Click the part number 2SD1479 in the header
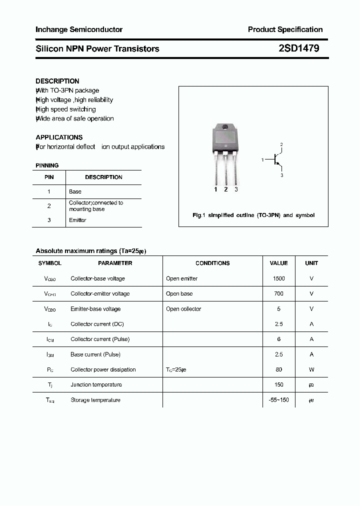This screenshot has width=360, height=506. pyautogui.click(x=299, y=48)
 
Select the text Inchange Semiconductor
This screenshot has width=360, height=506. pyautogui.click(x=79, y=29)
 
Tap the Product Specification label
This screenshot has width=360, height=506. pyautogui.click(x=285, y=29)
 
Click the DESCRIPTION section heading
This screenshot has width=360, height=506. pyautogui.click(x=57, y=81)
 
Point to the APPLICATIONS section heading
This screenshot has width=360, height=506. pyautogui.click(x=59, y=137)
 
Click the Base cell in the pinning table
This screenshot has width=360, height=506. pyautogui.click(x=75, y=191)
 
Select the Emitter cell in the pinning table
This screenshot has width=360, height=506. pyautogui.click(x=77, y=220)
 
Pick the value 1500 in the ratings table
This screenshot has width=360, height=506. pyautogui.click(x=278, y=278)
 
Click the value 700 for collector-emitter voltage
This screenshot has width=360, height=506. pyautogui.click(x=278, y=293)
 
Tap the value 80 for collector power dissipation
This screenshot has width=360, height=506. pyautogui.click(x=278, y=369)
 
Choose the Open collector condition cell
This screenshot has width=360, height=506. pyautogui.click(x=183, y=309)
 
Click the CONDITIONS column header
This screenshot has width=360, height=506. pyautogui.click(x=212, y=263)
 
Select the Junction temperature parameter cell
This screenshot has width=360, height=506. pyautogui.click(x=96, y=384)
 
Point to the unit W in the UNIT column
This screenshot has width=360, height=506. pyautogui.click(x=311, y=369)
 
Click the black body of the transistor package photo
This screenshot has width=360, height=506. pyautogui.click(x=224, y=137)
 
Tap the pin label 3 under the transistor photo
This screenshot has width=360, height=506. pyautogui.click(x=236, y=189)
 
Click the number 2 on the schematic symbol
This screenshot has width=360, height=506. pyautogui.click(x=281, y=145)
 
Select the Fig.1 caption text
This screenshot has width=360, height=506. pyautogui.click(x=253, y=215)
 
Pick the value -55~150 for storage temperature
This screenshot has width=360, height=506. pyautogui.click(x=278, y=400)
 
